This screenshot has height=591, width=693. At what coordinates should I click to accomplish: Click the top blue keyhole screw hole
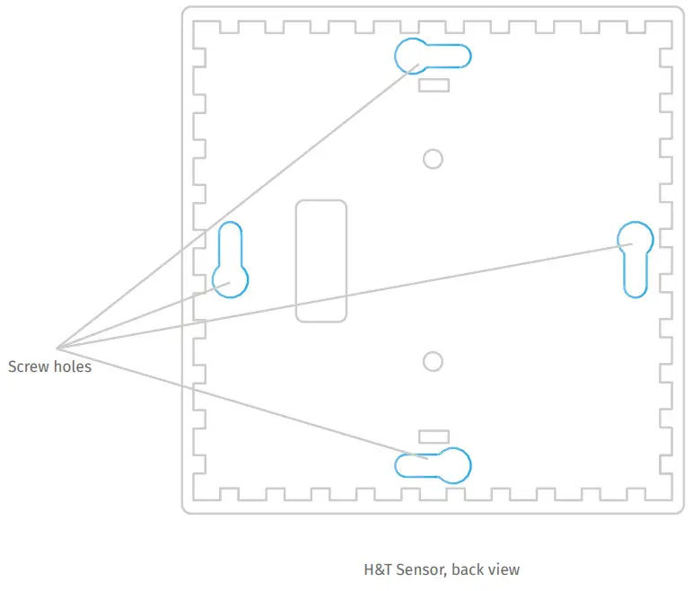[433, 57]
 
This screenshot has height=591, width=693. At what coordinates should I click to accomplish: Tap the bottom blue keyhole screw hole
[434, 464]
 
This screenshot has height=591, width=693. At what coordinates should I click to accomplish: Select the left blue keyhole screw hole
[230, 260]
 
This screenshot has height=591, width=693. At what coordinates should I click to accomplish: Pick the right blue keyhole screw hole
[636, 257]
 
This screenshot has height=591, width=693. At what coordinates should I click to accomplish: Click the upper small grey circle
[433, 159]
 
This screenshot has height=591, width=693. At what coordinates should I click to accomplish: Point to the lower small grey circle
[433, 361]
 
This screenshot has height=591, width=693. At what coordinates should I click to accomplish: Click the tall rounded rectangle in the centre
[321, 260]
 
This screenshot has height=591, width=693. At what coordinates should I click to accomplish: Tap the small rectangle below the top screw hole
[434, 84]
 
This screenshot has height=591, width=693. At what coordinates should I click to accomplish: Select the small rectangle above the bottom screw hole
[434, 437]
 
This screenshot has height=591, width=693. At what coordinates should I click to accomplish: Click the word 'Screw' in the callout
[28, 366]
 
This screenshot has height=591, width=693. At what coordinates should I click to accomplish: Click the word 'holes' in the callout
[72, 366]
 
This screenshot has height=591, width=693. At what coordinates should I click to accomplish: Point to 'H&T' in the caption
[378, 569]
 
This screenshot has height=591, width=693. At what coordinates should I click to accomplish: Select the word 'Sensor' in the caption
[421, 569]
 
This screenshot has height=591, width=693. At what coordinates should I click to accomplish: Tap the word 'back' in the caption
[469, 569]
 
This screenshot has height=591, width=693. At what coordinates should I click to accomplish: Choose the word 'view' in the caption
[504, 569]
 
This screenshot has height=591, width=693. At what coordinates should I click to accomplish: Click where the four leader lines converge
[57, 347]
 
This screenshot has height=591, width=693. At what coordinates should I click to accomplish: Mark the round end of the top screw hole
[412, 56]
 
